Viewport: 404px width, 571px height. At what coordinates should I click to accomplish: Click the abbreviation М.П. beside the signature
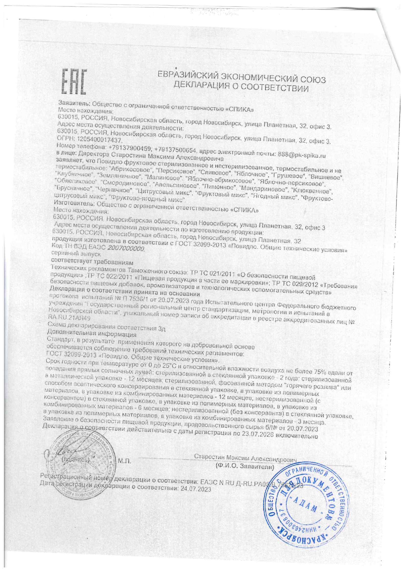coord(124,461)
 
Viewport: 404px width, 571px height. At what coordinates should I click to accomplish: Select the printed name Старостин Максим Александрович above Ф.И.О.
coord(245,458)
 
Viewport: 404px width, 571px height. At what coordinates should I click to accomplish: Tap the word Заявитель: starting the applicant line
coord(74,103)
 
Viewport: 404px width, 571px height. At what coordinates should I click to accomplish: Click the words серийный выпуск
coord(80,254)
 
